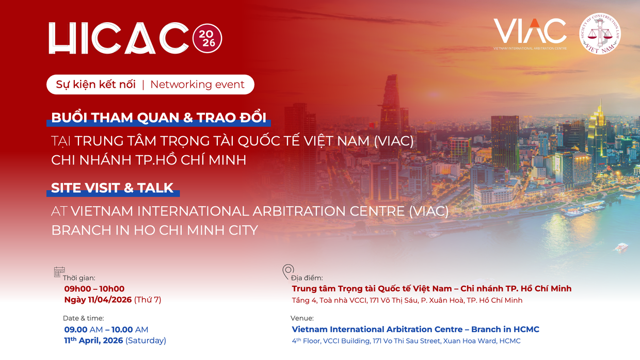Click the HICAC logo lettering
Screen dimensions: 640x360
click(x=119, y=38)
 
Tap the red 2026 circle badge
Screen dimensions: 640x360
click(x=207, y=38)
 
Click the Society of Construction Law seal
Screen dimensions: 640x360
click(x=600, y=34)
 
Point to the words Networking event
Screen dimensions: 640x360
click(x=198, y=85)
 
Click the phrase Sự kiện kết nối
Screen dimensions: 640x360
click(x=95, y=85)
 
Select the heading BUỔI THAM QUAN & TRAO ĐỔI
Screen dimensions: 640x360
click(x=159, y=118)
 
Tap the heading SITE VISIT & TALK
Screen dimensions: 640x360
click(x=113, y=188)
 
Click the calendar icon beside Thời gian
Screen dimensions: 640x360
click(x=59, y=272)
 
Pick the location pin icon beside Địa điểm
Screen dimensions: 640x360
click(x=288, y=271)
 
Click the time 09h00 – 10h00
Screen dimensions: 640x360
click(x=94, y=289)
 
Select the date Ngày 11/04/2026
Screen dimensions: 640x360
click(x=98, y=300)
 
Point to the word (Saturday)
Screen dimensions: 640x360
click(x=146, y=340)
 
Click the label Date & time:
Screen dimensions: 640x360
click(x=84, y=318)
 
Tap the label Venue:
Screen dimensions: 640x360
click(x=302, y=318)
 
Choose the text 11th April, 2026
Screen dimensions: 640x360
click(x=93, y=340)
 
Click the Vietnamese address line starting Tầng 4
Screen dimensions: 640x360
click(x=407, y=300)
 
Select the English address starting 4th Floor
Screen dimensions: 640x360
click(x=406, y=341)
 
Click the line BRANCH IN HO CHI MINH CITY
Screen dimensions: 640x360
click(x=154, y=230)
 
